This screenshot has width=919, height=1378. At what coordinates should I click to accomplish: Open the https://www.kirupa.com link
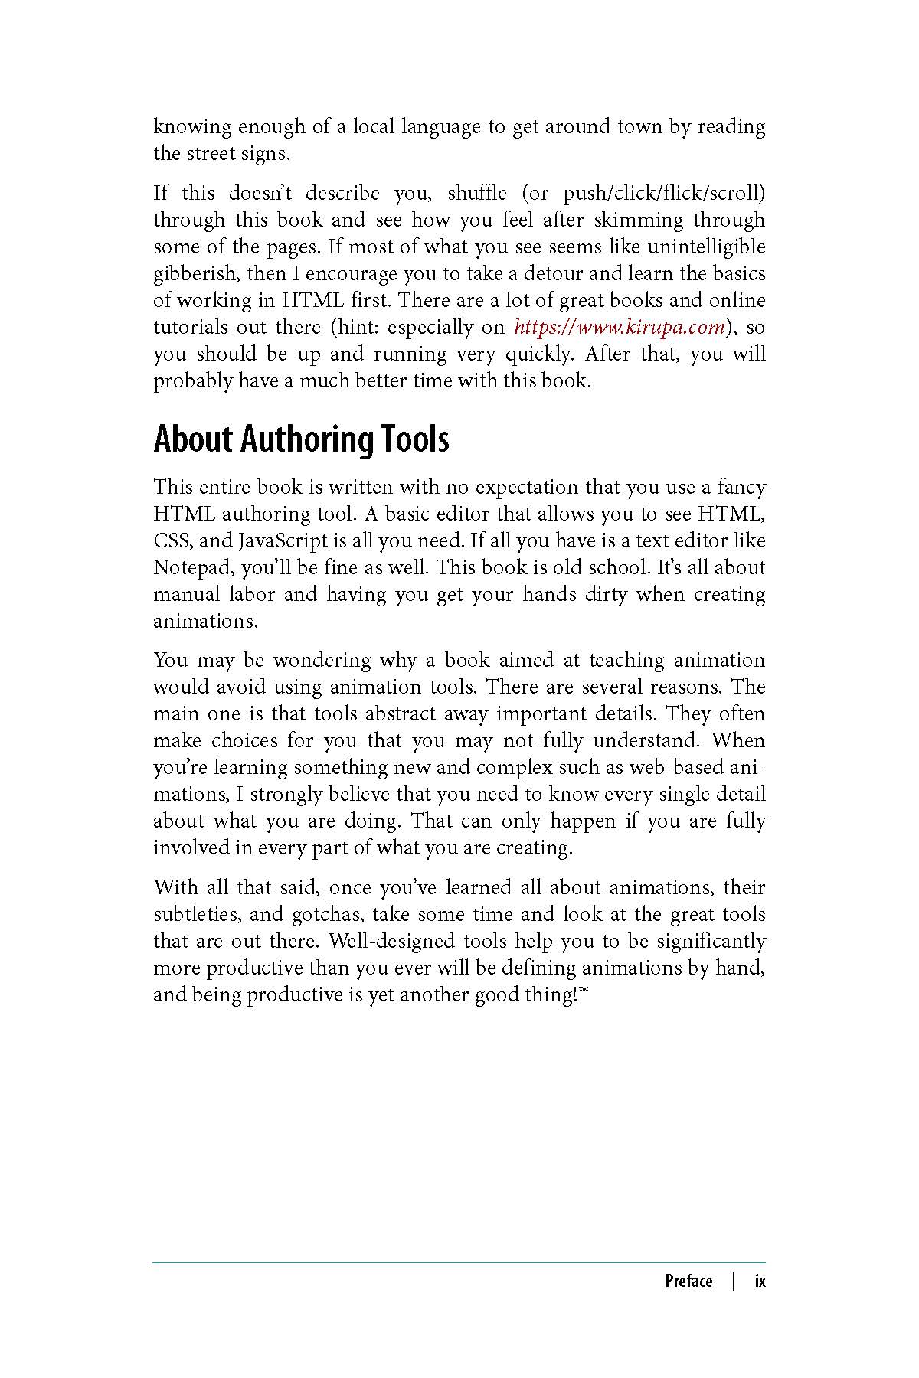pos(619,328)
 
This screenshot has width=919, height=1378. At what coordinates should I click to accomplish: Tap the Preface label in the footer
pos(688,1282)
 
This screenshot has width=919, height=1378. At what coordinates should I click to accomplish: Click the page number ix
pos(760,1282)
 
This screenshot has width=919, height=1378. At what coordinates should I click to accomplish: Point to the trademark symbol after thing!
pos(584,990)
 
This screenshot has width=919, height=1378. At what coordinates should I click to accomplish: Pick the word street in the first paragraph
pos(211,153)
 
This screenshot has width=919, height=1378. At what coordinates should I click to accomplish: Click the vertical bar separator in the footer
pos(734,1282)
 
